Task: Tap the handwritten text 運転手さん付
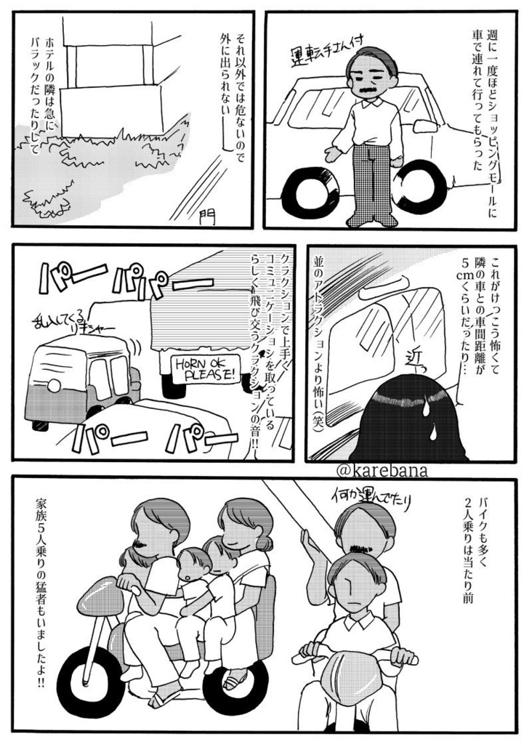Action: [321, 52]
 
